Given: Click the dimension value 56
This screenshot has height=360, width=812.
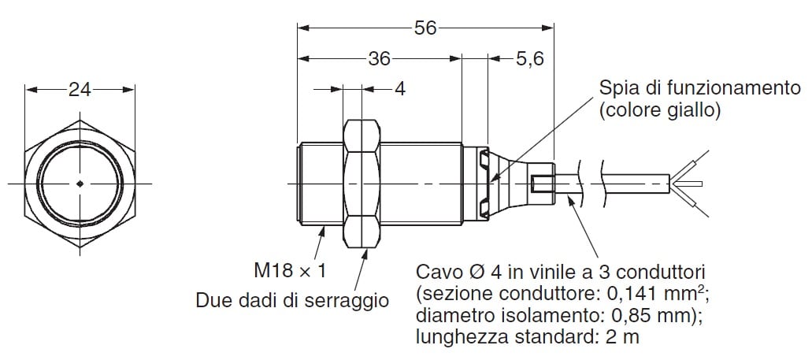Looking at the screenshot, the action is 425,28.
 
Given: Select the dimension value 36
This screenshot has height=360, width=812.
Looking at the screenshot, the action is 379,58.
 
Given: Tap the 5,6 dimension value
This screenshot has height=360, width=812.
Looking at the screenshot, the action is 528,59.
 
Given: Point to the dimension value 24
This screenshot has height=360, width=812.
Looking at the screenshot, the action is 80,90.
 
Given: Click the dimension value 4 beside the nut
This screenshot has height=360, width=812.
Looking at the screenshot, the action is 400,89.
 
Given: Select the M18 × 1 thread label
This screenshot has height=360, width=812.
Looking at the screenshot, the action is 290,270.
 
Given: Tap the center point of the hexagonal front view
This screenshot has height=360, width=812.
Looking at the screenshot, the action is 80,184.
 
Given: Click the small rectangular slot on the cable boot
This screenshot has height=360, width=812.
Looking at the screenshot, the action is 539,184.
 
